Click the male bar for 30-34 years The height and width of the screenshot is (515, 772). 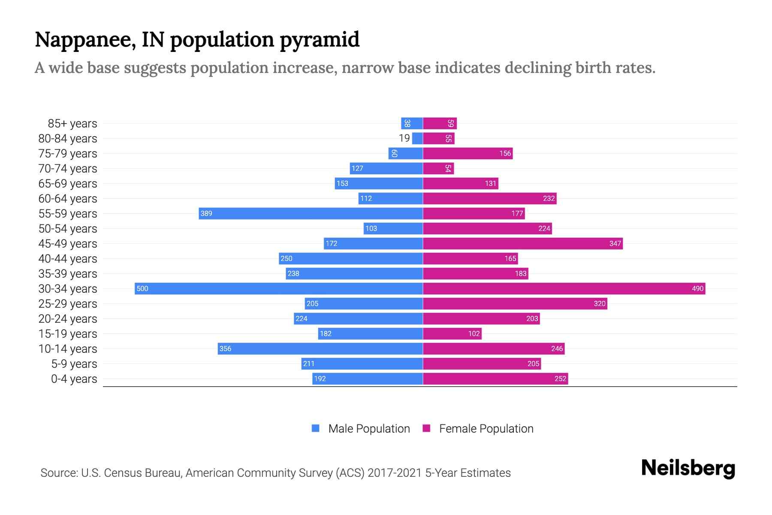pos(279,288)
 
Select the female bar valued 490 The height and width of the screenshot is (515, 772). pos(564,288)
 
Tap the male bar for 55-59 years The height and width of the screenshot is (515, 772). pos(311,213)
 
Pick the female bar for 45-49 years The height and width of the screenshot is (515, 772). pos(522,243)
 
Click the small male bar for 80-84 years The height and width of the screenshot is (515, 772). pos(417,138)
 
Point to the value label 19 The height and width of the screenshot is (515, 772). pos(404,138)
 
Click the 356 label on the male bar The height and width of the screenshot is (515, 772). pos(225,348)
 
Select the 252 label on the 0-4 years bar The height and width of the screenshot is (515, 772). pos(560,379)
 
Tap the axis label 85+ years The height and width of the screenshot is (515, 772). pos(72,124)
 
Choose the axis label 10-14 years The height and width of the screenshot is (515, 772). pos(68,349)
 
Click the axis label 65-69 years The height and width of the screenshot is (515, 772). pos(68,184)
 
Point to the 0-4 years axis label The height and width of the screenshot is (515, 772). pos(74,379)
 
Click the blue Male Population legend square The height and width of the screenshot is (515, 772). pos(316,428)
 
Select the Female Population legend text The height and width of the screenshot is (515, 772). pos(486,429)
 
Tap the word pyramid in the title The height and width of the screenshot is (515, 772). pos(320,40)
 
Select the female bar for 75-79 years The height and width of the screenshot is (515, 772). pos(467,153)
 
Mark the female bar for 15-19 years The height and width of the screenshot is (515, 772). pos(452,333)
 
